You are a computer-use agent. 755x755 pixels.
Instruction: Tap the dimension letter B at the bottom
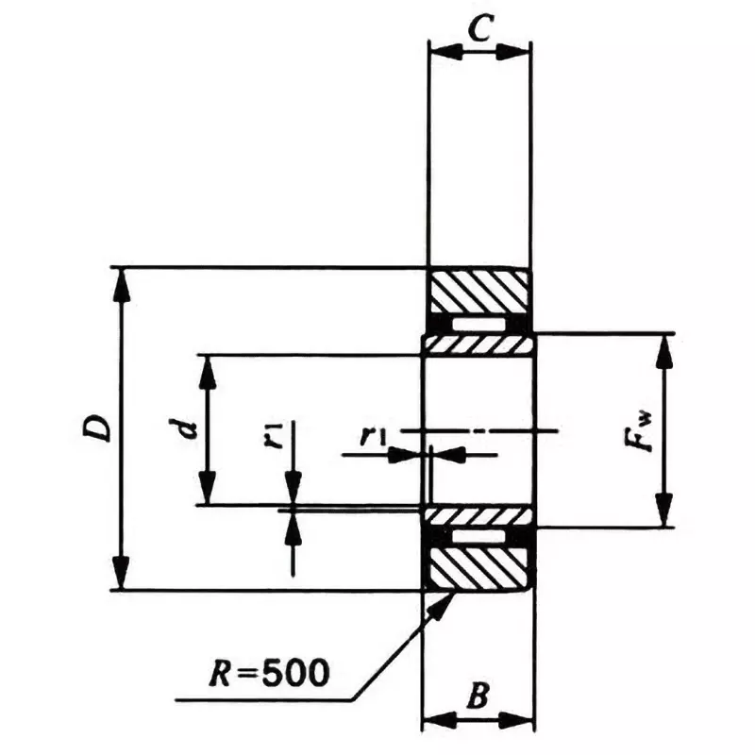tap(478, 699)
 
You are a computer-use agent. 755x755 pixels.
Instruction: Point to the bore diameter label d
tap(189, 429)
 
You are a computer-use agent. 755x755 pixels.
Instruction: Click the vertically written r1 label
tap(273, 436)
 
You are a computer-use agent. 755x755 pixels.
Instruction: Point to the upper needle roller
tap(478, 324)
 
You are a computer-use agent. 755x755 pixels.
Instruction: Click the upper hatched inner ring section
tap(478, 345)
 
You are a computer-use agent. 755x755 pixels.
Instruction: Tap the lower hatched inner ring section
tap(478, 515)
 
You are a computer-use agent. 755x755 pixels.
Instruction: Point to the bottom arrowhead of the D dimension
tap(120, 578)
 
